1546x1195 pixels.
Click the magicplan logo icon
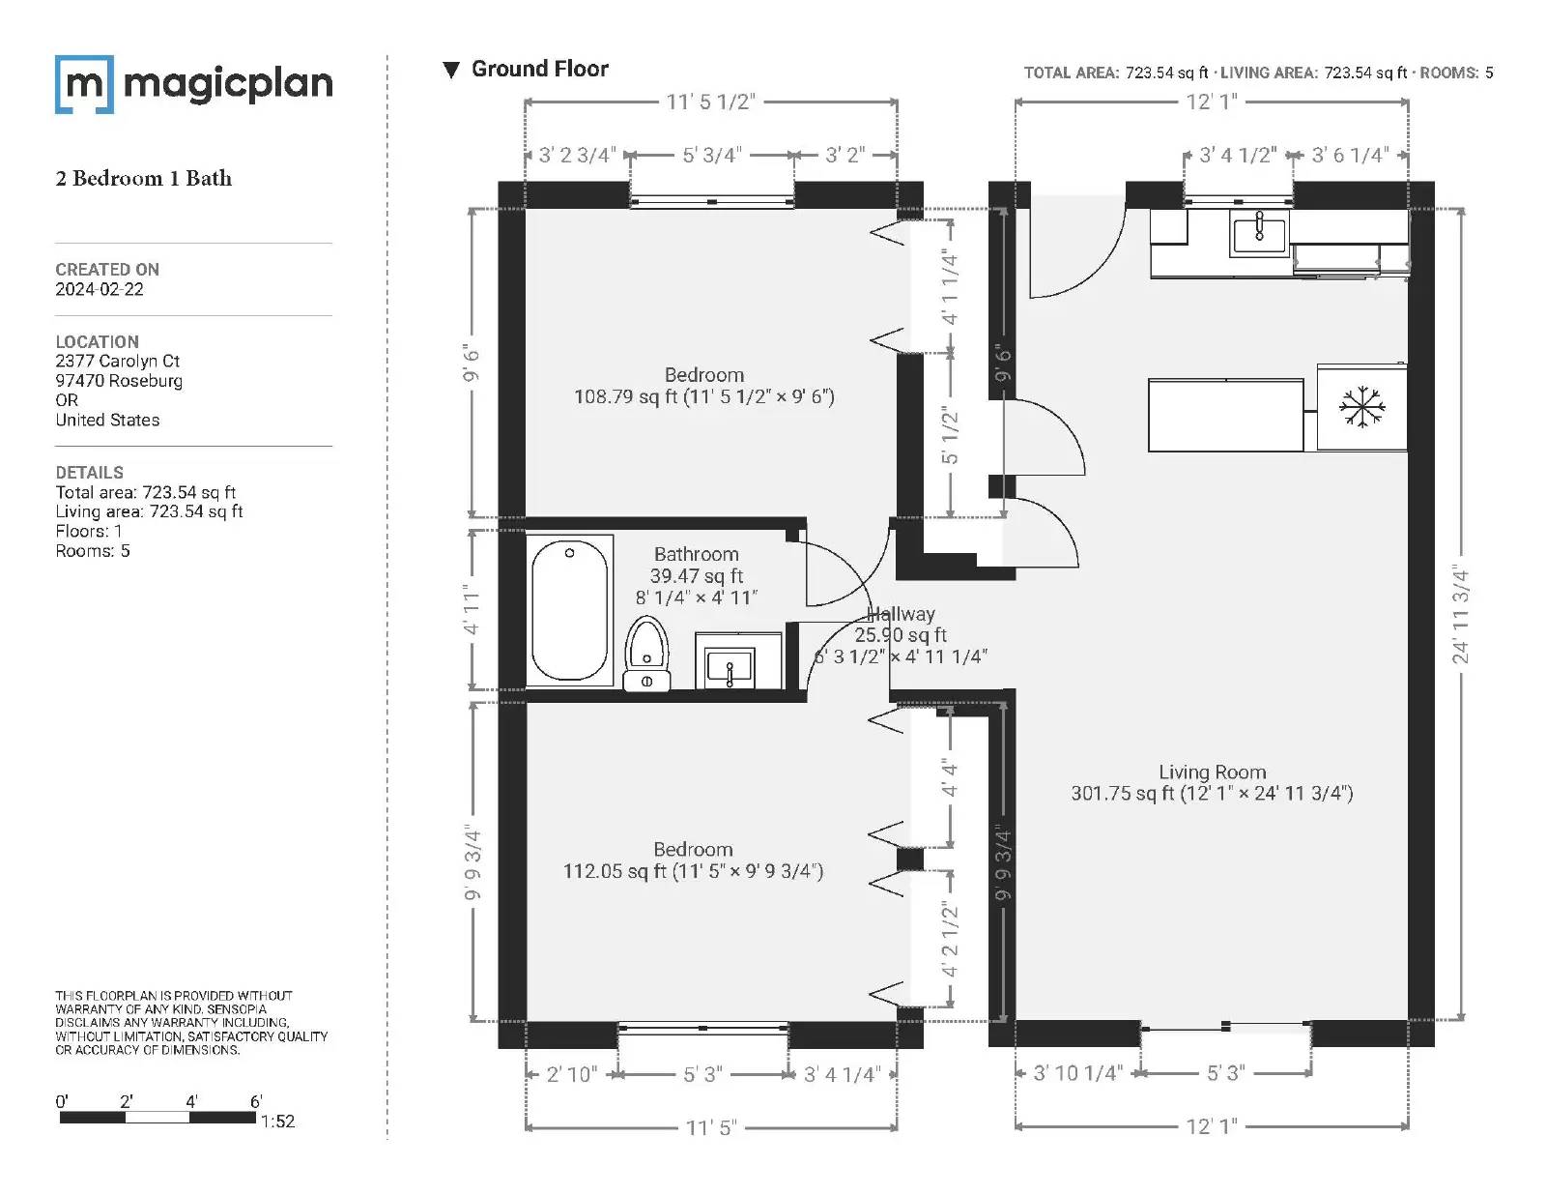84,84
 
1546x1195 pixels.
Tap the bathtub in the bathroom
569,611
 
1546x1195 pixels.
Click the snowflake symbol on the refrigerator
1361,407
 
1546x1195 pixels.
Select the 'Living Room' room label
1213,772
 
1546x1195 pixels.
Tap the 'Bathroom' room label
696,554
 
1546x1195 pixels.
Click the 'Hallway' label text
901,614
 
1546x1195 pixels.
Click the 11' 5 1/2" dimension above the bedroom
711,102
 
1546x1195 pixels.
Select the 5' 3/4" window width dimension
712,155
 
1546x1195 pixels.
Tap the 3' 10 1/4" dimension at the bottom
1077,1072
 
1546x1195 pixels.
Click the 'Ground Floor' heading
540,69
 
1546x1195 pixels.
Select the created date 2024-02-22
100,289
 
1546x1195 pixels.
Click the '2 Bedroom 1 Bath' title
144,178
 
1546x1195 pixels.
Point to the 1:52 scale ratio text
277,1122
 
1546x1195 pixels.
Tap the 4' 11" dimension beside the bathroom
471,609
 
